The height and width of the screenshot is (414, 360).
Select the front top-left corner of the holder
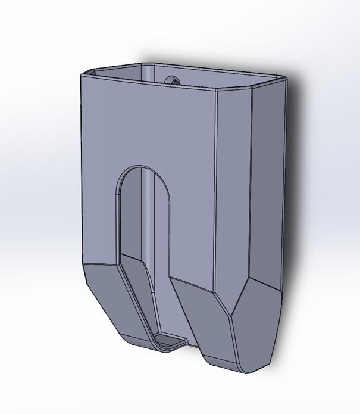coord(82,73)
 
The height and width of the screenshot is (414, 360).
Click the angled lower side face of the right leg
coord(256,328)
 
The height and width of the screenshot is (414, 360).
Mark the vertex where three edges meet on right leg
coord(230,315)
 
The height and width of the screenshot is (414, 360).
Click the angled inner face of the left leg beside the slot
coord(140,292)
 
